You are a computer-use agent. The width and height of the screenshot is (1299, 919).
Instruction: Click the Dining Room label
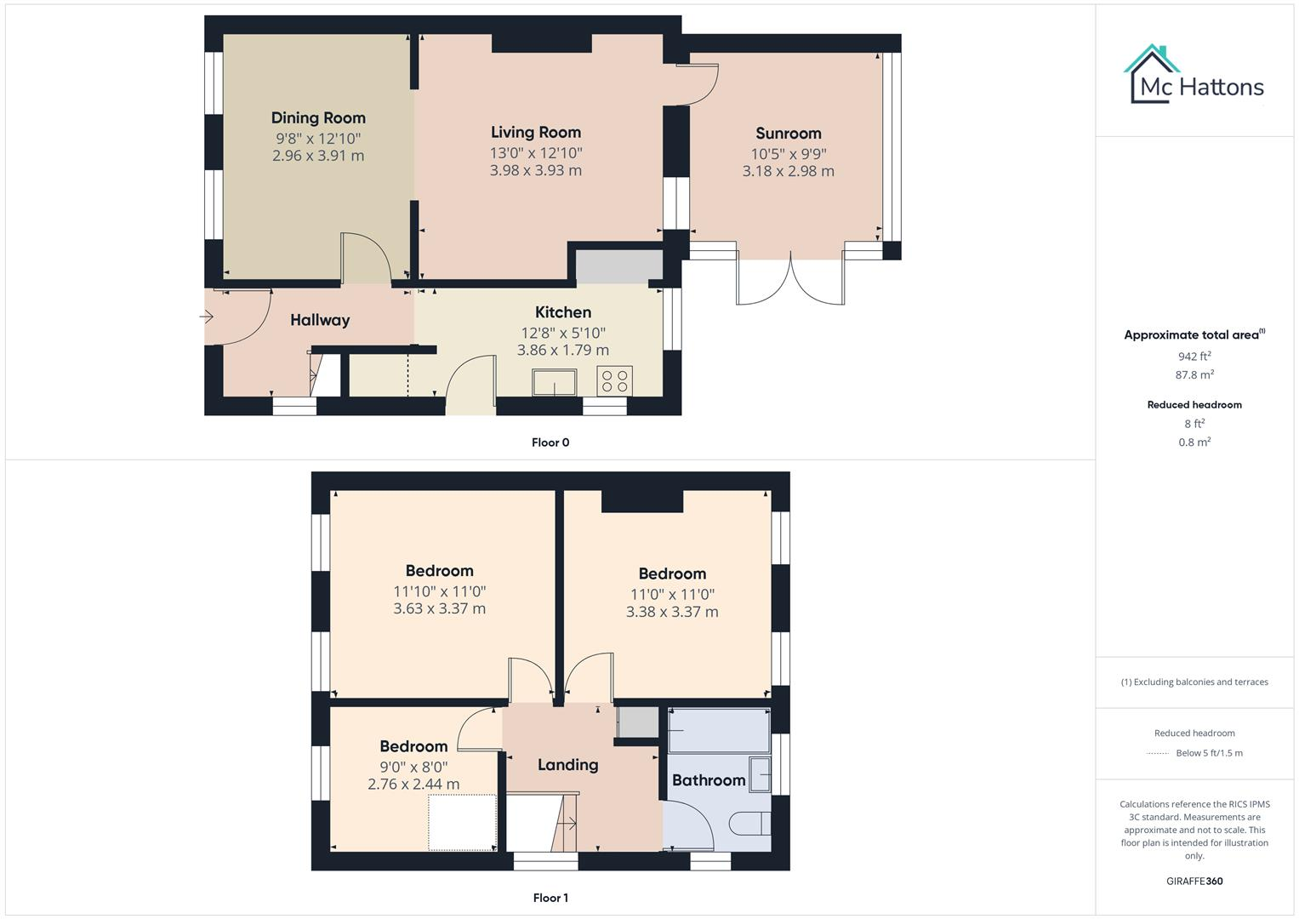tap(318, 118)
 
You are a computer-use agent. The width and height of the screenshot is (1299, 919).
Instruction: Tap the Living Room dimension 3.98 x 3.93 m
tap(535, 170)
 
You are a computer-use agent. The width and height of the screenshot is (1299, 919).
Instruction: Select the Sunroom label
tap(789, 134)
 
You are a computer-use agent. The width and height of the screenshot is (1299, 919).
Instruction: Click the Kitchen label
tap(563, 312)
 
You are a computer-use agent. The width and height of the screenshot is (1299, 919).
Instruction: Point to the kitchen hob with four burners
tap(614, 380)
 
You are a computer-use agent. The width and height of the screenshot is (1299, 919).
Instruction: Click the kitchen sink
tap(555, 383)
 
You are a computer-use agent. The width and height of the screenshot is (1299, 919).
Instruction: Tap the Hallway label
tap(320, 320)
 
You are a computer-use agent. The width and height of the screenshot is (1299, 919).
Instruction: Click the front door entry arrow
tap(206, 317)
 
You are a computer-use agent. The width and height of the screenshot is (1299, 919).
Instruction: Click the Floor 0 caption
tap(550, 442)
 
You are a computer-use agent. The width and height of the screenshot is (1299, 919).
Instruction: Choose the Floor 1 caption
tap(550, 898)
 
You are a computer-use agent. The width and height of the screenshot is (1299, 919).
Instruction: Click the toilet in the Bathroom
tap(750, 824)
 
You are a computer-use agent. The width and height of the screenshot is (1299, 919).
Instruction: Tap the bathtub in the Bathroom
tap(719, 729)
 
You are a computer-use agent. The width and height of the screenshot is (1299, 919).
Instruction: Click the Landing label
tap(567, 765)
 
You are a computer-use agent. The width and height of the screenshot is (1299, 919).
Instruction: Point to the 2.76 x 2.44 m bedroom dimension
tap(413, 785)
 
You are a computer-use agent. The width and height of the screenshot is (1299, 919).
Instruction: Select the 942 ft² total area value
tap(1194, 357)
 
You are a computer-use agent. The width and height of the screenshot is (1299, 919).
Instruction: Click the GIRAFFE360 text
tap(1194, 882)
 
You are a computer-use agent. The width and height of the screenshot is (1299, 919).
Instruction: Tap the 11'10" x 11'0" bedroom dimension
tap(439, 591)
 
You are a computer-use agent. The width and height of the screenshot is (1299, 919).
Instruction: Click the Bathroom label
tap(709, 780)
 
